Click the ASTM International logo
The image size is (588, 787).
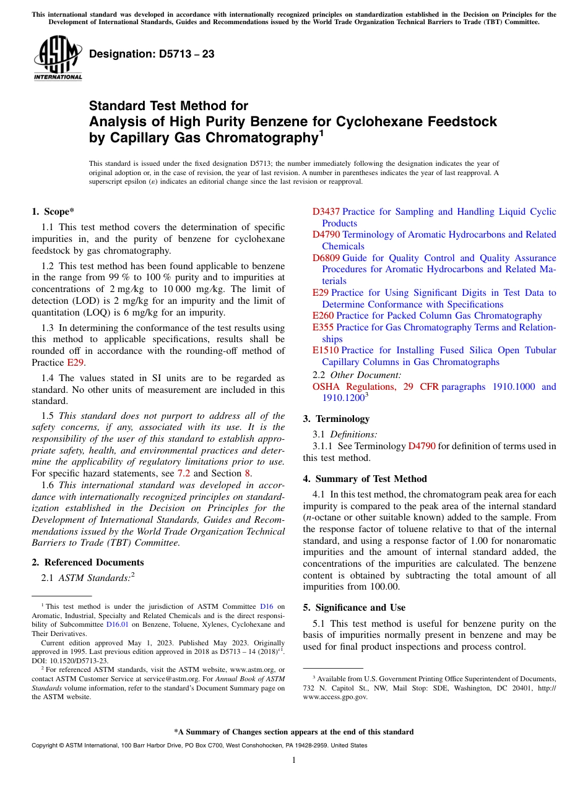coord(57,57)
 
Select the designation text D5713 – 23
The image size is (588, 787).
coord(152,54)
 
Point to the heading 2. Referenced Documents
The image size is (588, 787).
coord(88,562)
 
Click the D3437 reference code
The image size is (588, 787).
coord(326,212)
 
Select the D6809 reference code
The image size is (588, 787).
coord(326,258)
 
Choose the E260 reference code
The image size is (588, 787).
coord(323,316)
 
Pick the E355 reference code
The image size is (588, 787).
coord(323,327)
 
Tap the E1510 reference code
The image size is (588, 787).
coord(326,350)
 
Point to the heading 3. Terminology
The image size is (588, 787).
coord(336,419)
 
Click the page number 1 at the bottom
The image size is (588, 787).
coord(293,760)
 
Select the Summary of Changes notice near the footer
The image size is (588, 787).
coord(293,732)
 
